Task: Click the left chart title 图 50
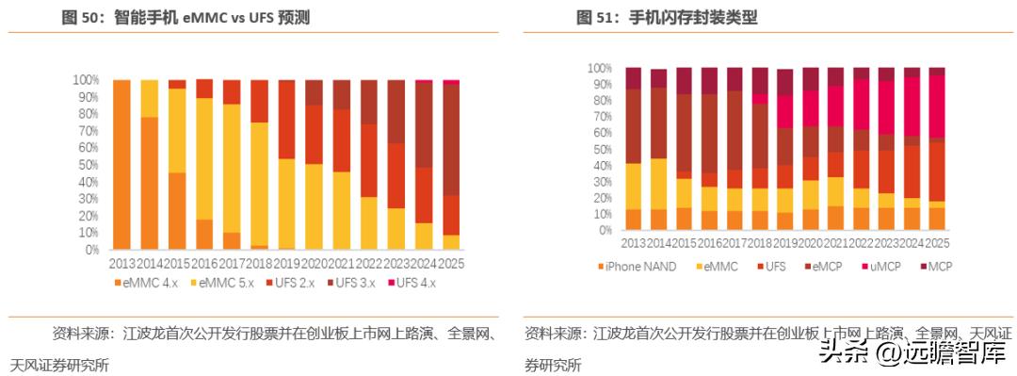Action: (186, 17)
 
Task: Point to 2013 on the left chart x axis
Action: (121, 265)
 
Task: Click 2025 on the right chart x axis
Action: (936, 244)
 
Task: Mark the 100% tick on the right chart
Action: (600, 69)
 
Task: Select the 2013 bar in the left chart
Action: (121, 165)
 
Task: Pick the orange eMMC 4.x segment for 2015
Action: (176, 211)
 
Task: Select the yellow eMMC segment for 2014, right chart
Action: (658, 184)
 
